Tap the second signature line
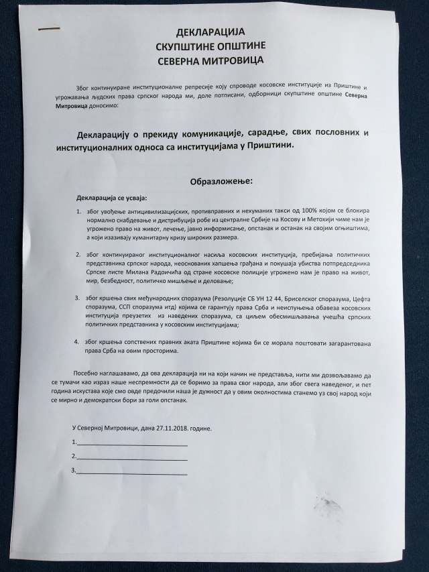pyautogui.click(x=132, y=458)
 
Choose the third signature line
pyautogui.click(x=132, y=473)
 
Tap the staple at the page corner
pyautogui.click(x=48, y=29)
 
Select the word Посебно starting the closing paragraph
pyautogui.click(x=84, y=371)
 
